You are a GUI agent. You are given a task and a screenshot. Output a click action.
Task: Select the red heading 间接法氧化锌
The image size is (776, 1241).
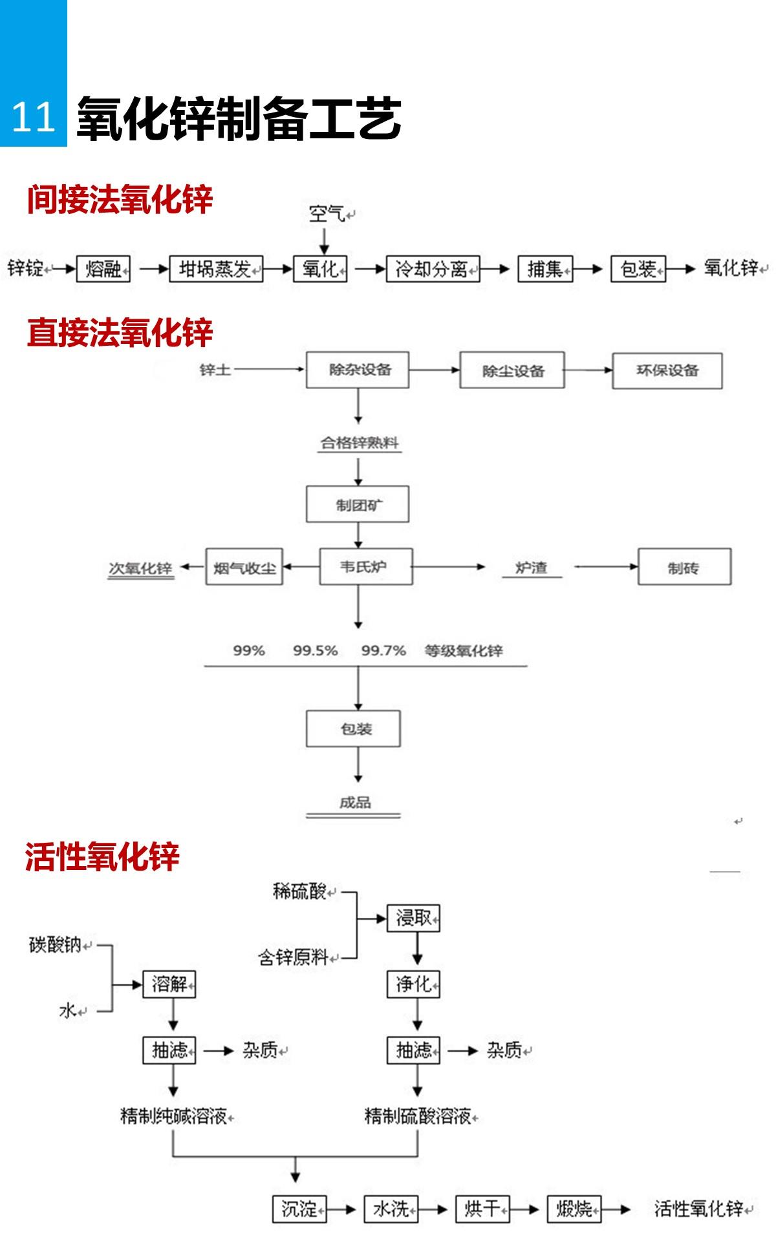[x=120, y=199]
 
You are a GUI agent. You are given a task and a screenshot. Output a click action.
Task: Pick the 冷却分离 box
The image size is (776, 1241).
[x=433, y=269]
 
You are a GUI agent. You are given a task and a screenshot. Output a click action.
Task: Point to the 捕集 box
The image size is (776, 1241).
[x=545, y=269]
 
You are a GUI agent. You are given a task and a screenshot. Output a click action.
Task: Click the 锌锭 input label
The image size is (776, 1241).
[x=26, y=268]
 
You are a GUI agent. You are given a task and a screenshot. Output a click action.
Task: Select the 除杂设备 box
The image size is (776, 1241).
[x=358, y=370]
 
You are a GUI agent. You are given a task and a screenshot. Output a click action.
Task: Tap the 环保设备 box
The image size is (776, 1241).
[x=667, y=371]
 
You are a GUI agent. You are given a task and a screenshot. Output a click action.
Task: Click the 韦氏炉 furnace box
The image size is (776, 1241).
[x=365, y=567]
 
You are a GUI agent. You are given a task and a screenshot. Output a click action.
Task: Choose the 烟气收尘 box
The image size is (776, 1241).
[x=244, y=567]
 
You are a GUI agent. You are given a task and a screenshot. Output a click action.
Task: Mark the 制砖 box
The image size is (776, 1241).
[x=684, y=567]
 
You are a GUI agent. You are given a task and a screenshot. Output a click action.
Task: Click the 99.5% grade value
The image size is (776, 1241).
[x=316, y=651]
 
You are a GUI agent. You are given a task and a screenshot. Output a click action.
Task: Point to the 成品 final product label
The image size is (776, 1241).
[x=354, y=803]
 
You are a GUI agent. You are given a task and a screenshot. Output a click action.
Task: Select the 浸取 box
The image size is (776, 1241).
[x=413, y=918]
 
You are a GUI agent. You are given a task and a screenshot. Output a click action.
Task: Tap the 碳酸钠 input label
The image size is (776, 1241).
[x=56, y=945]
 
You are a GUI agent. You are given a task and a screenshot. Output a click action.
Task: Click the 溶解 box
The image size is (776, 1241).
[x=169, y=984]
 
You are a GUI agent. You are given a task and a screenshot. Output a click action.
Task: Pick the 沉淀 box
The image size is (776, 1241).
[x=299, y=1209]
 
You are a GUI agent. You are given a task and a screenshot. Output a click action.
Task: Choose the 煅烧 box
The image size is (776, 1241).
[x=574, y=1209]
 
